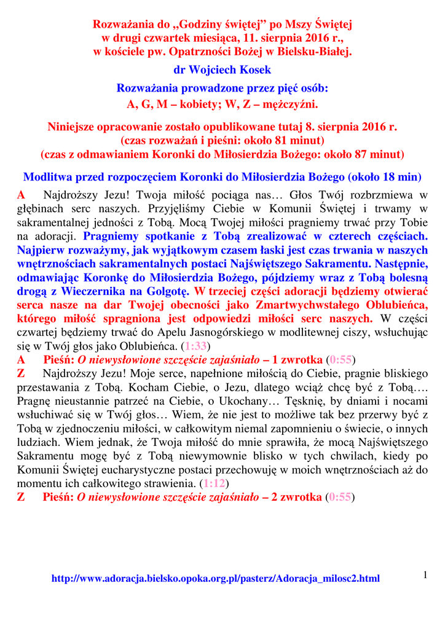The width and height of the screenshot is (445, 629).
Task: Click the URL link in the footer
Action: point(216,579)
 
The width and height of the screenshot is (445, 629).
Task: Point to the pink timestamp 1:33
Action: point(196,346)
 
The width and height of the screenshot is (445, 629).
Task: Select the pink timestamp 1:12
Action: point(214,483)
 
